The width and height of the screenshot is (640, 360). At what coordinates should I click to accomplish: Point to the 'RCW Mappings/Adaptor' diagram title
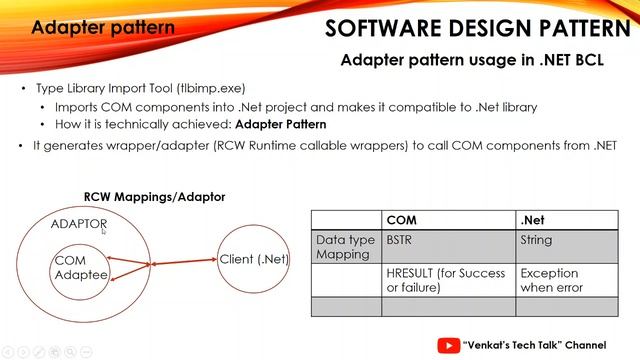click(x=154, y=197)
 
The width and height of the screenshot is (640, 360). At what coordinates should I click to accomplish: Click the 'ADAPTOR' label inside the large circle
click(x=77, y=224)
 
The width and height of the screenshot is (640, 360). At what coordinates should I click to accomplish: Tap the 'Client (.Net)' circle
click(x=254, y=259)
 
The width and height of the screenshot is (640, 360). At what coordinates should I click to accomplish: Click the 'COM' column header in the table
click(x=402, y=220)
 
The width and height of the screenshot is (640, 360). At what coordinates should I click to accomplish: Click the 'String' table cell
click(x=537, y=241)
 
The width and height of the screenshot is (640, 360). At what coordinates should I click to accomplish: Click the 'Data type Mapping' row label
click(x=345, y=247)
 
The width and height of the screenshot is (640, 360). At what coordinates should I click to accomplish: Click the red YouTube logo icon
click(x=449, y=345)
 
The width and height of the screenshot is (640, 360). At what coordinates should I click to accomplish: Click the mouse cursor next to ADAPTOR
click(x=103, y=230)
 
